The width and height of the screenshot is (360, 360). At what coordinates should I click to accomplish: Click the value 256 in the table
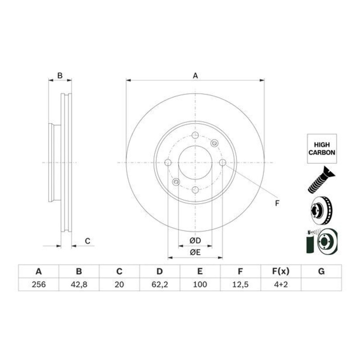pyautogui.click(x=38, y=284)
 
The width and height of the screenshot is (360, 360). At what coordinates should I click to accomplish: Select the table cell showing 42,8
pyautogui.click(x=79, y=284)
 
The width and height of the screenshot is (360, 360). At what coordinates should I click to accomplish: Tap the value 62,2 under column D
pyautogui.click(x=159, y=284)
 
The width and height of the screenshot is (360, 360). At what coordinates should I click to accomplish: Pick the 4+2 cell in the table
pyautogui.click(x=280, y=284)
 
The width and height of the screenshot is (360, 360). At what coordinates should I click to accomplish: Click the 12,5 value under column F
pyautogui.click(x=240, y=284)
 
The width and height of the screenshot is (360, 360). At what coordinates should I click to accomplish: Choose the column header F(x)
pyautogui.click(x=280, y=271)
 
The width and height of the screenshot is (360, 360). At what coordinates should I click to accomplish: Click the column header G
pyautogui.click(x=321, y=271)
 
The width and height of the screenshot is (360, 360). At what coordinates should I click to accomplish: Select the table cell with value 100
pyautogui.click(x=200, y=284)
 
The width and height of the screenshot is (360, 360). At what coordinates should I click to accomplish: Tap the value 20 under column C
pyautogui.click(x=119, y=284)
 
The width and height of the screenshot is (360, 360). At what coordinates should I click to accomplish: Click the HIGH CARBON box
pyautogui.click(x=321, y=149)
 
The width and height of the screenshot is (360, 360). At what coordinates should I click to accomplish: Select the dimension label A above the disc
pyautogui.click(x=195, y=76)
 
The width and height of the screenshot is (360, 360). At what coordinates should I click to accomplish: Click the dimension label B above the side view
pyautogui.click(x=59, y=76)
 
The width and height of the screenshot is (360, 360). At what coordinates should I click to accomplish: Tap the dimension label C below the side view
pyautogui.click(x=88, y=242)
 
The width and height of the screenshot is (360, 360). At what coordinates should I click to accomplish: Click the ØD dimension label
pyautogui.click(x=195, y=241)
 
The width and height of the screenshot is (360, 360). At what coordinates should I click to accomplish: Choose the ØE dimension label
pyautogui.click(x=195, y=253)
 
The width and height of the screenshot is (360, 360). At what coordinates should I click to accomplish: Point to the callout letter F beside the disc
pyautogui.click(x=277, y=203)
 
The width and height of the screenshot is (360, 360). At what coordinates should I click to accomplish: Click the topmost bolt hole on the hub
pyautogui.click(x=195, y=136)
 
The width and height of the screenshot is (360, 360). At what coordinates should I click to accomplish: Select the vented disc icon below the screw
pyautogui.click(x=320, y=210)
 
